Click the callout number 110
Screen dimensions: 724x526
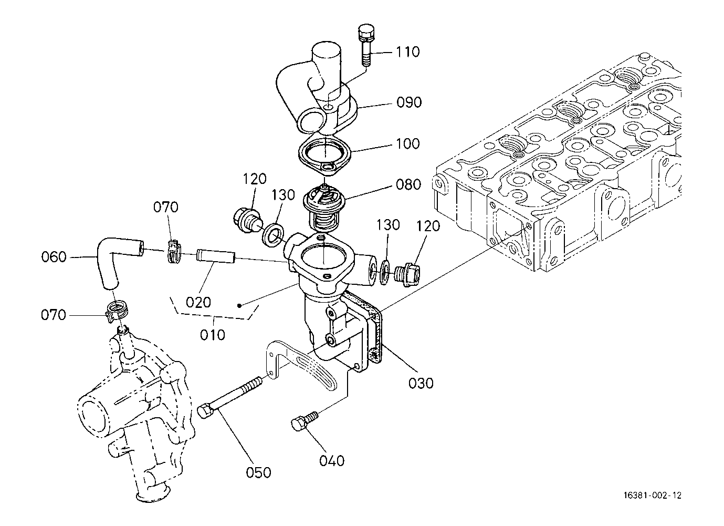click(x=408, y=51)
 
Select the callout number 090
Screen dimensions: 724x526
click(x=409, y=102)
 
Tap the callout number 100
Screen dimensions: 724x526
click(x=408, y=143)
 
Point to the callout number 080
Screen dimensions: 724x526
click(x=408, y=185)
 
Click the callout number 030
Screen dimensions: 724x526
click(x=421, y=384)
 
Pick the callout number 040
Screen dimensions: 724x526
click(x=332, y=461)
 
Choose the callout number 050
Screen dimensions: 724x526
click(x=258, y=472)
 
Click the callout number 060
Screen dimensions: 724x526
click(x=54, y=257)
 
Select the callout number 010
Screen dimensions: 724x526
click(x=212, y=335)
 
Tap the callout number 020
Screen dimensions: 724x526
click(x=198, y=303)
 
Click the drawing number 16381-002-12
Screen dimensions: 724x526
click(x=653, y=496)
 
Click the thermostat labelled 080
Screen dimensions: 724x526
click(x=324, y=208)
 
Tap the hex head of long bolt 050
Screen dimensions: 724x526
click(x=205, y=411)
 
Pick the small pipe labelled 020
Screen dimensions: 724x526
click(x=215, y=255)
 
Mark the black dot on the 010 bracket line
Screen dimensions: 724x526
click(x=239, y=305)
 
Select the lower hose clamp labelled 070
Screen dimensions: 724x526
click(x=117, y=311)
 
